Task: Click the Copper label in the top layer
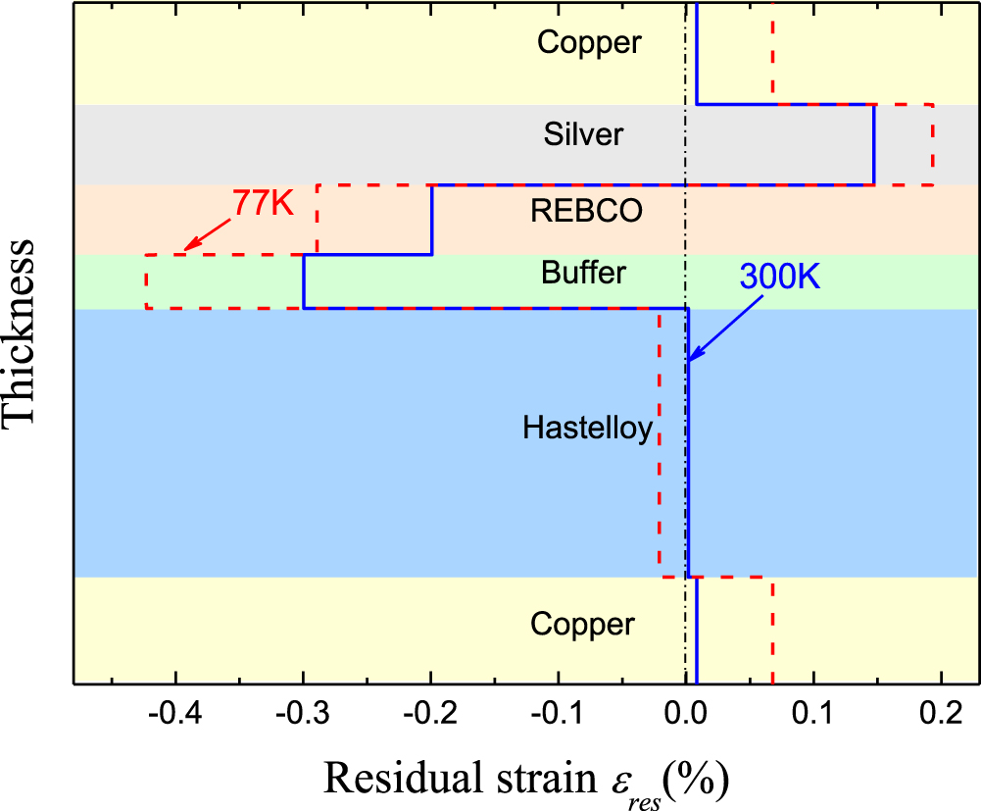(589, 42)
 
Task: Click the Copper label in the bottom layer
(583, 624)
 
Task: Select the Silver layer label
(583, 133)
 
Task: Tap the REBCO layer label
(587, 212)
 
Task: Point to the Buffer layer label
(583, 273)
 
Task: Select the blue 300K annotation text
(779, 277)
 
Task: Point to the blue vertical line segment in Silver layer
(874, 144)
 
